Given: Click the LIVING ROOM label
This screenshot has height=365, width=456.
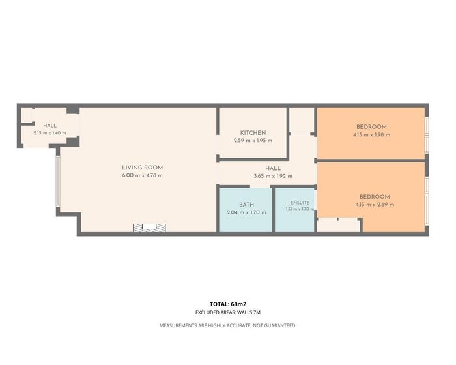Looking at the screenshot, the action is pyautogui.click(x=142, y=168).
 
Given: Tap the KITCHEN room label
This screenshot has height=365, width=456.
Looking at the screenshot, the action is pyautogui.click(x=253, y=133).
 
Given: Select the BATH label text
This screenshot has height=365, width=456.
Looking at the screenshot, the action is pyautogui.click(x=247, y=205).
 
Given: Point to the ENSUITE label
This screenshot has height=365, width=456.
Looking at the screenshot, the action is pyautogui.click(x=300, y=203).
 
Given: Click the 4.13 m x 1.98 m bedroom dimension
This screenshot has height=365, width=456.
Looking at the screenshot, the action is pyautogui.click(x=372, y=135).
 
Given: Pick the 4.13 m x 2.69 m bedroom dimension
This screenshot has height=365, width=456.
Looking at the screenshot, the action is pyautogui.click(x=375, y=205).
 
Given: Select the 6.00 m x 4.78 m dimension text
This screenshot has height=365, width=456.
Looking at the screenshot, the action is pyautogui.click(x=142, y=175).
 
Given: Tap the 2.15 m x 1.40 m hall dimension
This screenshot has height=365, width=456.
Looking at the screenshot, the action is pyautogui.click(x=50, y=133).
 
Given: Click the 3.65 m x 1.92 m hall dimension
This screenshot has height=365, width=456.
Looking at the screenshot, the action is pyautogui.click(x=273, y=176).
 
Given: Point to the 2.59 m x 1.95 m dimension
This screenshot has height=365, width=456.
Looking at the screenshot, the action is pyautogui.click(x=253, y=141).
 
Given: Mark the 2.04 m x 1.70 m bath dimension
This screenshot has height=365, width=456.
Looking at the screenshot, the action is pyautogui.click(x=247, y=212).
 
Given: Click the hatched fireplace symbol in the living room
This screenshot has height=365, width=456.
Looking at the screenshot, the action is pyautogui.click(x=149, y=227).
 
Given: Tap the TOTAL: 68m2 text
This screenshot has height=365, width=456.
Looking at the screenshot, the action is pyautogui.click(x=228, y=304).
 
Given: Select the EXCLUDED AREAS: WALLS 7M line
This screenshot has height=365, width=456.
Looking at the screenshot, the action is pyautogui.click(x=228, y=312).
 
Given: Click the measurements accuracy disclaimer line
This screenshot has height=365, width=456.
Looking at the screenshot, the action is pyautogui.click(x=228, y=325).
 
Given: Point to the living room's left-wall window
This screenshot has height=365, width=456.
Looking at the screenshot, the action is pyautogui.click(x=58, y=181).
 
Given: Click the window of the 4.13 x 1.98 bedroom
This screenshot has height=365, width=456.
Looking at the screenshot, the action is pyautogui.click(x=427, y=134).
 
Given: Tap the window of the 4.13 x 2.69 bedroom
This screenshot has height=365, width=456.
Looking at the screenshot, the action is pyautogui.click(x=427, y=201).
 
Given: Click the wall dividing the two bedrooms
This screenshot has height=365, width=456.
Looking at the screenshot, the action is pyautogui.click(x=371, y=161).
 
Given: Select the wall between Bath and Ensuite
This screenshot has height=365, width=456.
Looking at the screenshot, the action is pyautogui.click(x=274, y=209).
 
